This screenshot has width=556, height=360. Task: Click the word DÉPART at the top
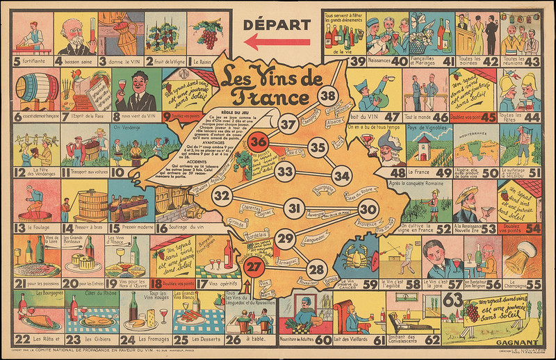pos(276,25)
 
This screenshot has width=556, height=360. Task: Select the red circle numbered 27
pos(255,265)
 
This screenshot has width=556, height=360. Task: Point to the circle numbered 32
pos(222,196)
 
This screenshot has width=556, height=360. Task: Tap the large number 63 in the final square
pos(453,301)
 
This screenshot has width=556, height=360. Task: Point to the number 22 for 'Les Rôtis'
pos(22,339)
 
